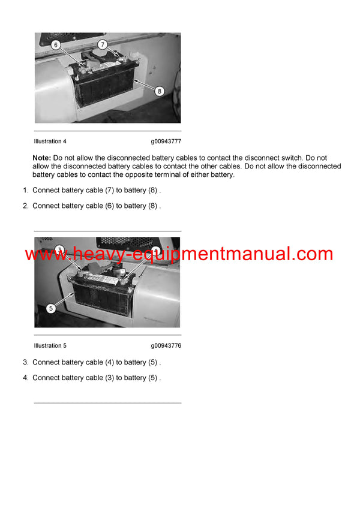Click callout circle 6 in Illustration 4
(x=55, y=45)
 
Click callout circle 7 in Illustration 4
(x=102, y=44)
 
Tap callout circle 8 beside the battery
(x=159, y=91)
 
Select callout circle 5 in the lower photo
(x=50, y=309)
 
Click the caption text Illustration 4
(x=50, y=141)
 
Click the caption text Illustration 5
(x=50, y=346)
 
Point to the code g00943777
(x=166, y=141)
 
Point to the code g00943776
(x=166, y=346)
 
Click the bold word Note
(x=41, y=158)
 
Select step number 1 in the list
(x=25, y=190)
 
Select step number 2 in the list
(x=25, y=206)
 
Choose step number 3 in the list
(x=25, y=362)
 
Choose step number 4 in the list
(x=25, y=378)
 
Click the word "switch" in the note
(x=295, y=158)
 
